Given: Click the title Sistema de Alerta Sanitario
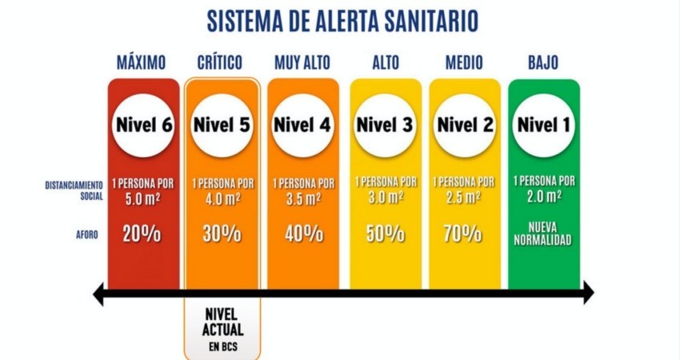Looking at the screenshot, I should (342, 21).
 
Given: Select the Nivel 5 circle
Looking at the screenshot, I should (222, 125).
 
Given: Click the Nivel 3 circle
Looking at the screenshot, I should (385, 125).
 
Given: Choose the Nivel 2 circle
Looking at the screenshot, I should (465, 125).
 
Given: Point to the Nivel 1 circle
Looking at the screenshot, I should (543, 125).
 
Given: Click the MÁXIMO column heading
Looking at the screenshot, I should (141, 62).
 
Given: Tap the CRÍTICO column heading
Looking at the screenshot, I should (221, 62).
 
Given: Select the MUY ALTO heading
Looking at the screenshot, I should (302, 62).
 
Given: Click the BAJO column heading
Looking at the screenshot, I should (543, 62).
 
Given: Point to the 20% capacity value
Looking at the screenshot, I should (142, 234).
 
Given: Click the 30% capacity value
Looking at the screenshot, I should (222, 234).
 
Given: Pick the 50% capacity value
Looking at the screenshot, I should (385, 234).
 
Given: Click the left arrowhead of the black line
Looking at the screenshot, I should (99, 295).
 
